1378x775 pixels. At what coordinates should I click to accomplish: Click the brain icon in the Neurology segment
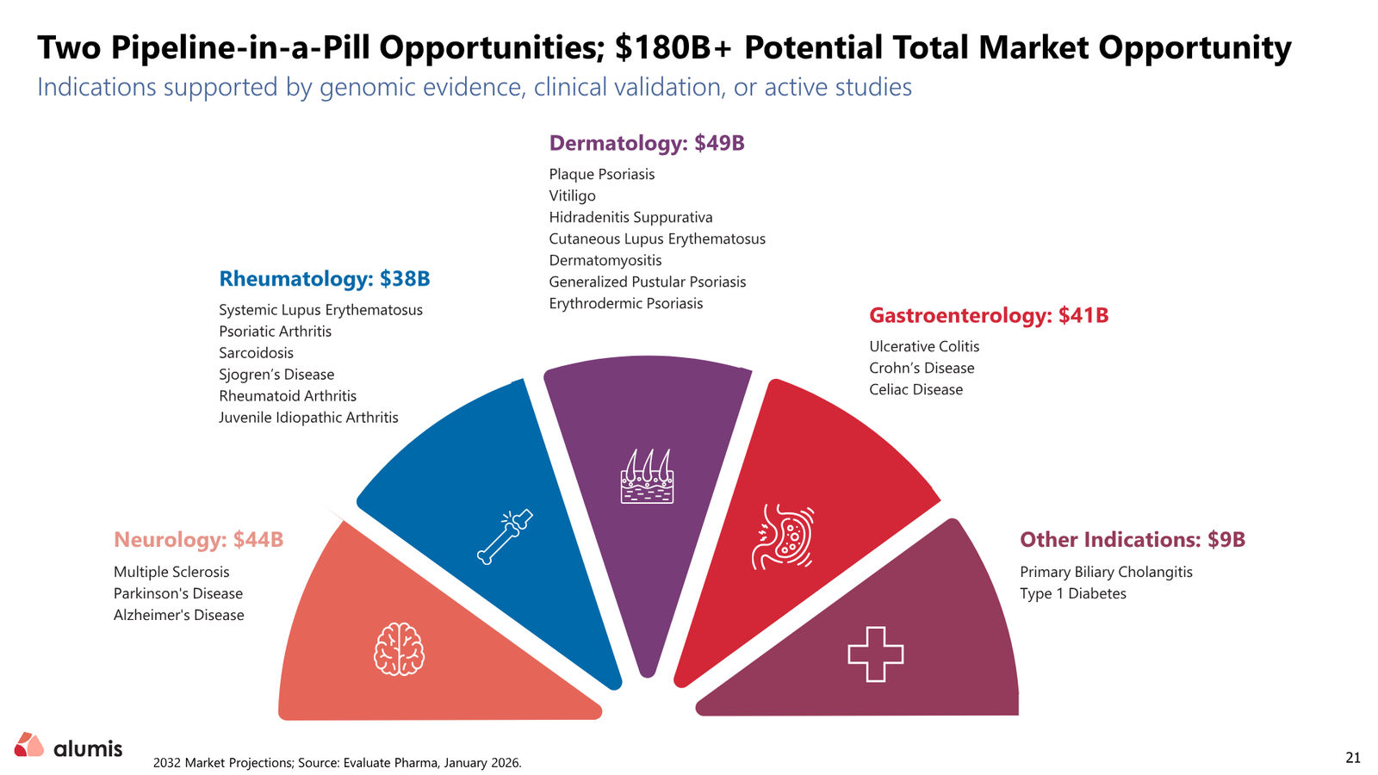coord(400,649)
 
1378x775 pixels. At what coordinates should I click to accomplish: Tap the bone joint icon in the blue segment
coord(505,537)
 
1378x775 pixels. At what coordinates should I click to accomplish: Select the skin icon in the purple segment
coord(647,477)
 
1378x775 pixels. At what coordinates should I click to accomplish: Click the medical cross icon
coord(875,654)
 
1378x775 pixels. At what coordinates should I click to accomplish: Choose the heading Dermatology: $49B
coord(647,143)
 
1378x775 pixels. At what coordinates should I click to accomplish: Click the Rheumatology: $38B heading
coord(324,279)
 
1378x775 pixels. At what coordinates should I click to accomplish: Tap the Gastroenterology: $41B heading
coord(989,315)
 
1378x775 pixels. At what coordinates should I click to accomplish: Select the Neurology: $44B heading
coord(198,539)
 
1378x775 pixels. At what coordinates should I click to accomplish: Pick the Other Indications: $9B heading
coord(1133,539)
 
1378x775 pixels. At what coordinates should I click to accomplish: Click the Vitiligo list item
coord(572,195)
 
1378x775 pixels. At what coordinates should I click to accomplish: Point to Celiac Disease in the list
coord(916,389)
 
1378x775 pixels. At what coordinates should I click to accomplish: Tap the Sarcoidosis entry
coord(256,353)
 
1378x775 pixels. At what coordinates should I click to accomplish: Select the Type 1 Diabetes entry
coord(1073,593)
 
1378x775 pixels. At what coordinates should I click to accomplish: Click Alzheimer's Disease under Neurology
coord(178,615)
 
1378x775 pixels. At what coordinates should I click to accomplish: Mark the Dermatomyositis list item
coord(605,260)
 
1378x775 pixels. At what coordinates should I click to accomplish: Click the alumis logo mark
coord(29,744)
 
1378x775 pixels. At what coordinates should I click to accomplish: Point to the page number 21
coord(1353,757)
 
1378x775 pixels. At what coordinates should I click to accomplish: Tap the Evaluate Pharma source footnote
coord(337,763)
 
